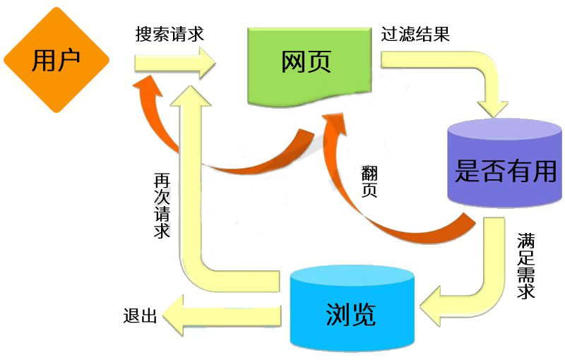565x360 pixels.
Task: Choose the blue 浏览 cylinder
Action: coord(350,311)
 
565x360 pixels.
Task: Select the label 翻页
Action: coord(369,181)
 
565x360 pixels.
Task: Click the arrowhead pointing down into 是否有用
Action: coord(495,106)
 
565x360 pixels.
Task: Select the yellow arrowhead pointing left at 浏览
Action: coord(432,305)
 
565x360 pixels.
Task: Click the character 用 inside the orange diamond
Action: coord(44,61)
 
